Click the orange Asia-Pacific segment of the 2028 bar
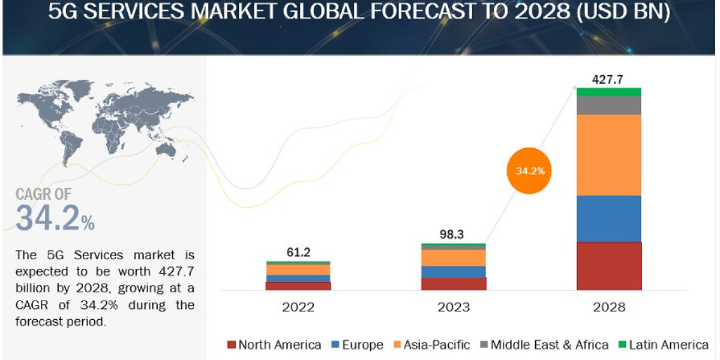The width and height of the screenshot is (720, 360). (x=609, y=155)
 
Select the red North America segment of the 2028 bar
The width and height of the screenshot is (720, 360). (x=609, y=266)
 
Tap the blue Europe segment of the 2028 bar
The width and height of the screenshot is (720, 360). (x=609, y=219)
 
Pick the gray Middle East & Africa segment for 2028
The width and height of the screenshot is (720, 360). (x=609, y=105)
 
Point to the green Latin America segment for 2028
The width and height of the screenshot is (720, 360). (x=609, y=92)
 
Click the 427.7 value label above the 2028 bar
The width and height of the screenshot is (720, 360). (x=608, y=79)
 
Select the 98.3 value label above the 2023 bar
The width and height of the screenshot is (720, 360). (x=454, y=235)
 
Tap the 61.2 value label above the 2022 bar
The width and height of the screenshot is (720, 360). (x=298, y=253)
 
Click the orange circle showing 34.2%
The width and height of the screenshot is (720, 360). (x=530, y=171)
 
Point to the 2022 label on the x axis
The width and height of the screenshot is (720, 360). (x=298, y=307)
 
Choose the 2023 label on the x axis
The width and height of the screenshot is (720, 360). (x=454, y=307)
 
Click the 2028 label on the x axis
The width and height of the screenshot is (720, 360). (x=608, y=307)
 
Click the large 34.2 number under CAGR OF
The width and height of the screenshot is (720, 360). (x=48, y=218)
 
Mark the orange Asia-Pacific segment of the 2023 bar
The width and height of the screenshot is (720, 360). (x=454, y=257)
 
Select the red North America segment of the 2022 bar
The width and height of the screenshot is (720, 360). (x=298, y=286)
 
